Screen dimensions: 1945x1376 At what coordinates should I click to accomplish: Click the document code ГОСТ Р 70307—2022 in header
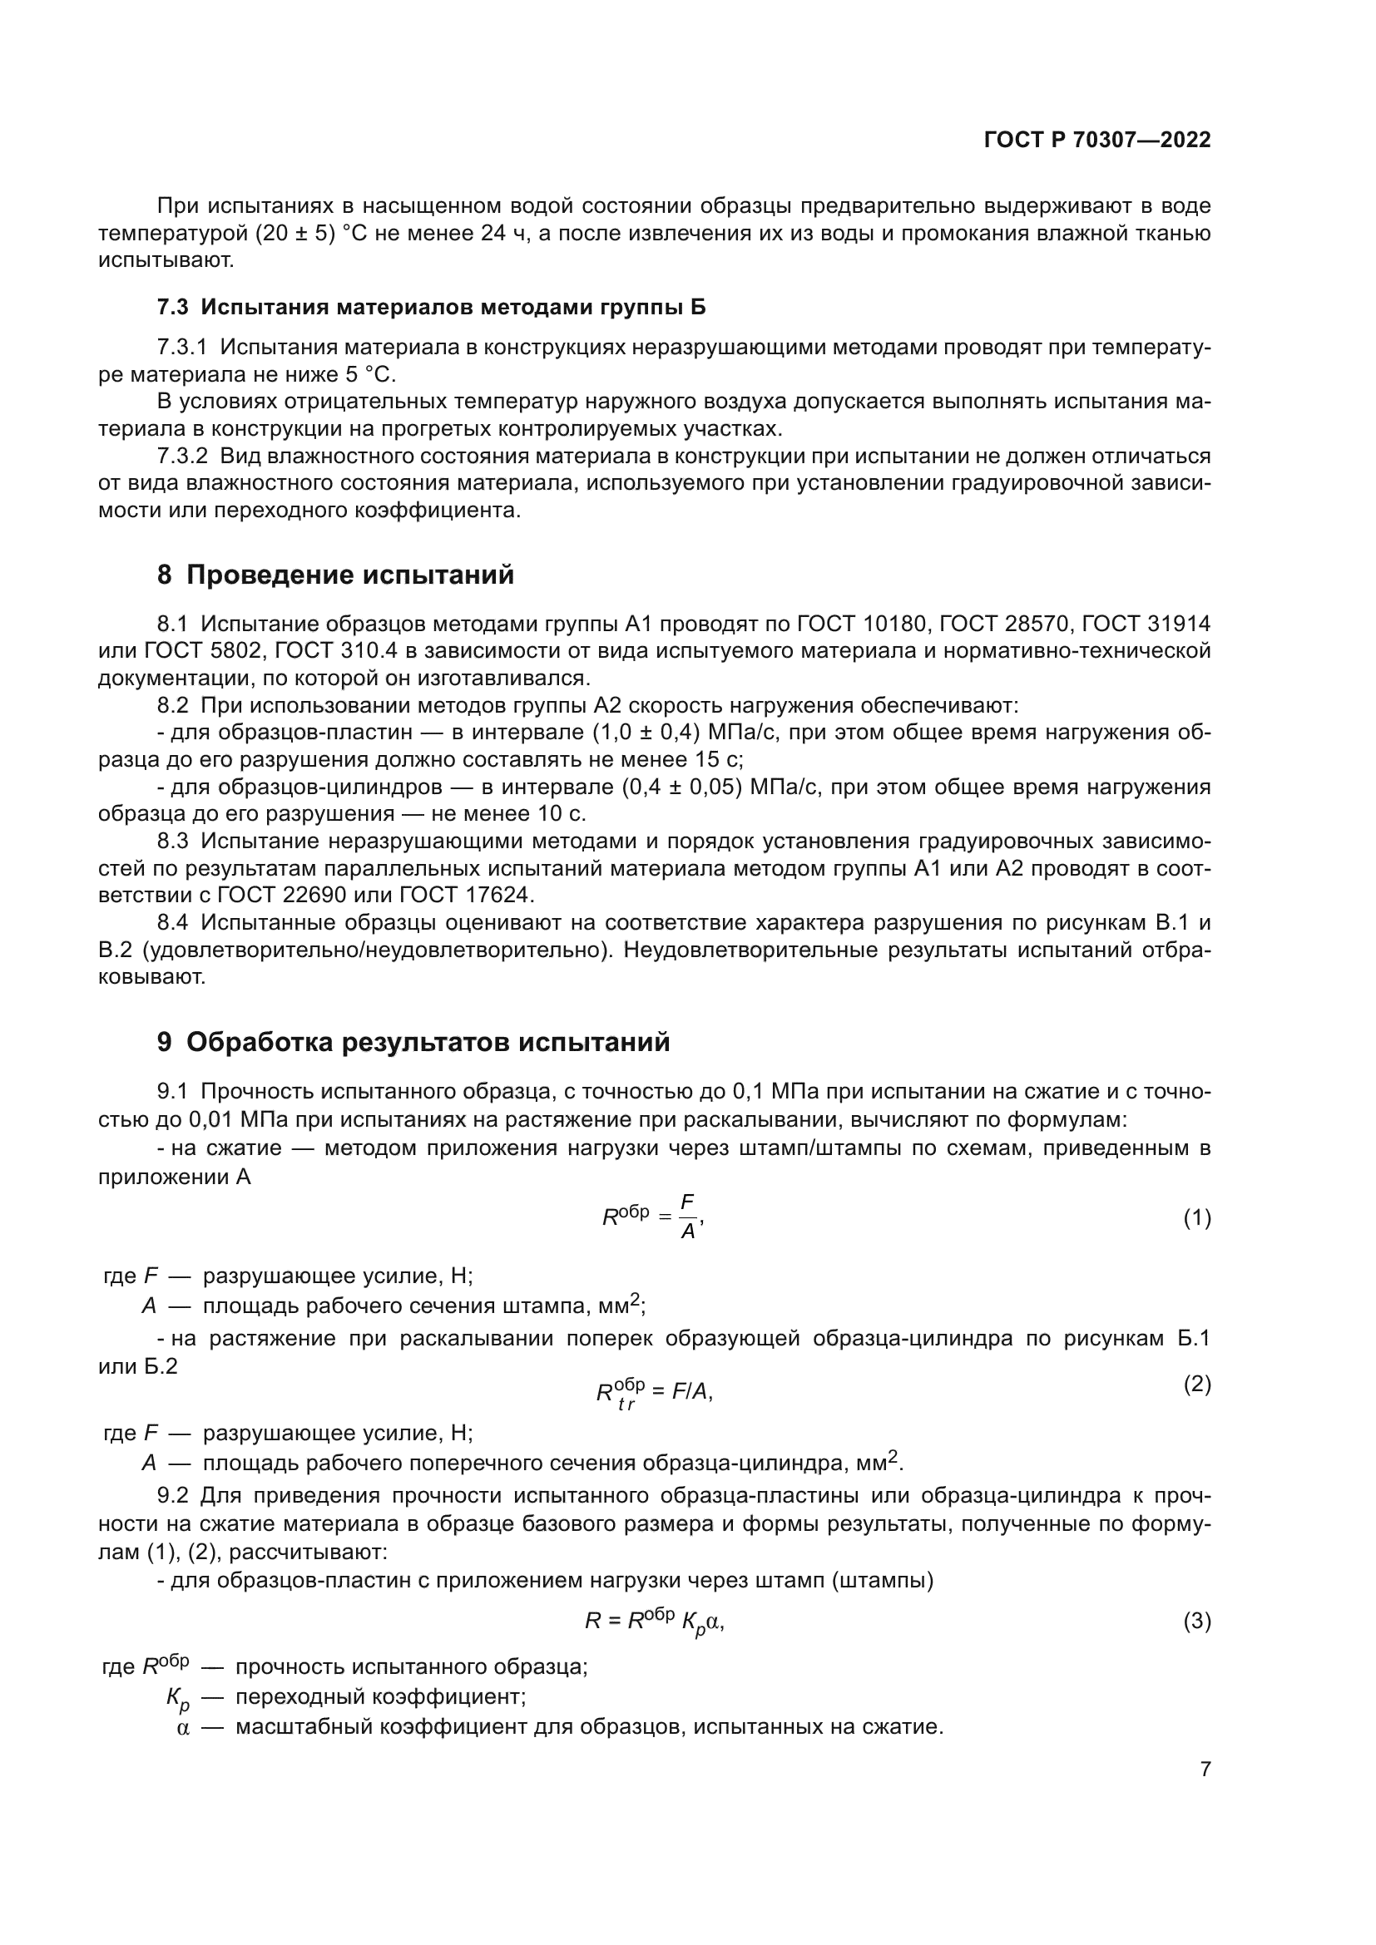[x=1097, y=141]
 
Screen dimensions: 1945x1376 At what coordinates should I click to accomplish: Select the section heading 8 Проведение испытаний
[x=335, y=575]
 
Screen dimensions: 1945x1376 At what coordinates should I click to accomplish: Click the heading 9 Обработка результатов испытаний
[x=413, y=1042]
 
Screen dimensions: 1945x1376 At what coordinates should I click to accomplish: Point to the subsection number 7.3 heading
[x=172, y=307]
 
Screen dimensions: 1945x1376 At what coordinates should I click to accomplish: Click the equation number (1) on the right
[x=1196, y=1219]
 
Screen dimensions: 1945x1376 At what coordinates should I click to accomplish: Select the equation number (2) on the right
[x=1196, y=1385]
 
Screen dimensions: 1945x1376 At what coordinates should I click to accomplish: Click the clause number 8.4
[x=172, y=922]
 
